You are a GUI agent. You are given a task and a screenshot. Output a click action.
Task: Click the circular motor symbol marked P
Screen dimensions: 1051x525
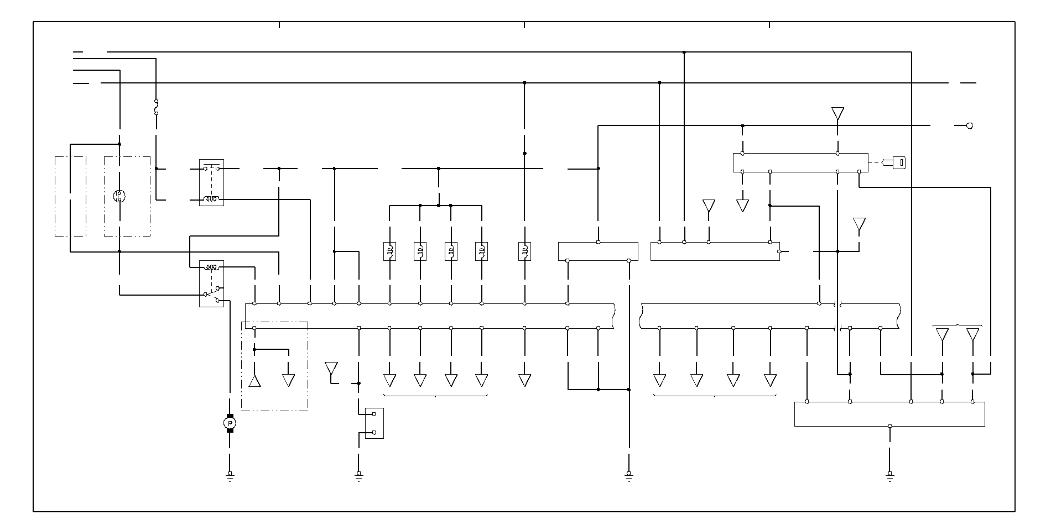pos(230,423)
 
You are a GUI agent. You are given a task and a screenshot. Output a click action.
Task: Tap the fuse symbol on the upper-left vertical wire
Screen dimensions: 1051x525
pos(156,107)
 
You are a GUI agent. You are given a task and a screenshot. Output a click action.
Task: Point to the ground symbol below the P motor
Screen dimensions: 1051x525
pos(230,475)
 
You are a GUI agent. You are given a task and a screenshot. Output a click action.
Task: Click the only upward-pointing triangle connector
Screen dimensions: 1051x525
pos(254,381)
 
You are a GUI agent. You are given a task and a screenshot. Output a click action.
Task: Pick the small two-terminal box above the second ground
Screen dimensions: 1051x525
pos(374,423)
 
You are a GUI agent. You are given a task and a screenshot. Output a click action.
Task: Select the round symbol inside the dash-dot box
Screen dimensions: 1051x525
pos(119,196)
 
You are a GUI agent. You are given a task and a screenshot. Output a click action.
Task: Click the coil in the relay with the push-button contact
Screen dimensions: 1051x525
pos(211,199)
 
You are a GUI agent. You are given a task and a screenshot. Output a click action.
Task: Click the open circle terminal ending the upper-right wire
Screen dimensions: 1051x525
pos(969,126)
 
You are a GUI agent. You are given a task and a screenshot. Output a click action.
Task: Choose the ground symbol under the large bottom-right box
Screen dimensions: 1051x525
pos(889,475)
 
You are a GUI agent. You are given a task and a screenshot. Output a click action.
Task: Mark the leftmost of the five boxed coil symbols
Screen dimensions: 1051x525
pos(389,251)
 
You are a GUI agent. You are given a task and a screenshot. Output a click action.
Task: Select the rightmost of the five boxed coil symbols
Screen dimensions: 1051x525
pos(524,251)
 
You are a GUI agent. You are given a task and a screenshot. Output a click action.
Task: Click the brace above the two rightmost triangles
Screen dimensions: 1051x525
pos(958,325)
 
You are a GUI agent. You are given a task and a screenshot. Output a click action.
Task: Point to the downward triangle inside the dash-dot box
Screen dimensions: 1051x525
pos(288,380)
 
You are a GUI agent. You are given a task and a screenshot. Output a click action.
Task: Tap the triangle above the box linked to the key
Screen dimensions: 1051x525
pos(837,114)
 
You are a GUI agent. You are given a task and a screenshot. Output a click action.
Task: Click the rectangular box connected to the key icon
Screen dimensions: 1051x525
pos(800,162)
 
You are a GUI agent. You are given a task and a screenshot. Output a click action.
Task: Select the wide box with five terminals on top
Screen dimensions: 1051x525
pos(889,414)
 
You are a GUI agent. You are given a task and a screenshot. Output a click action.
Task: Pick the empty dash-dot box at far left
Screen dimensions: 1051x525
pos(70,196)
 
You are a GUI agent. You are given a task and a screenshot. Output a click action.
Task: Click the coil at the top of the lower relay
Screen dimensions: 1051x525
pos(211,267)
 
